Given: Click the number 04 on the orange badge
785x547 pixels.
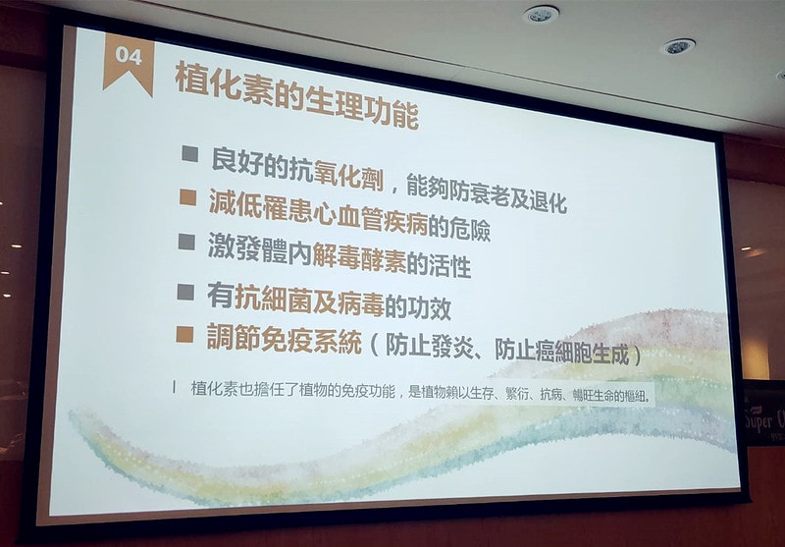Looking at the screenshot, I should point(129,56).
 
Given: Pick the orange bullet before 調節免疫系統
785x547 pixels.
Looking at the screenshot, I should point(183,335).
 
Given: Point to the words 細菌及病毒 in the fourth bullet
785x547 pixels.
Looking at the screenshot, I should point(323,301).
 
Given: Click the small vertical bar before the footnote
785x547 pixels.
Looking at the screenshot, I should point(175,386).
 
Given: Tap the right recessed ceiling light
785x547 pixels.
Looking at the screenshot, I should point(678,46).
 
